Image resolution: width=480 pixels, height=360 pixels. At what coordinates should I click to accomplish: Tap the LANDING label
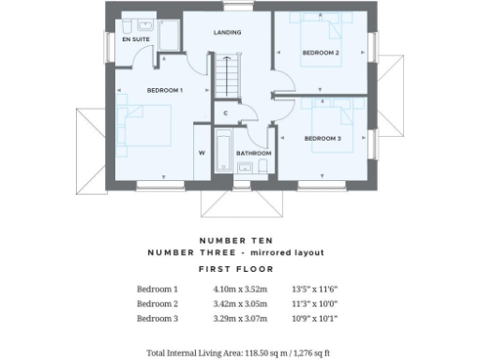[x=228, y=32]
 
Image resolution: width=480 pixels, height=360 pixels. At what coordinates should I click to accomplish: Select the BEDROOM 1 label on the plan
[x=165, y=89]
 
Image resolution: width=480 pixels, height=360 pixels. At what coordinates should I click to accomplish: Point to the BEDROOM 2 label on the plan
[x=321, y=52]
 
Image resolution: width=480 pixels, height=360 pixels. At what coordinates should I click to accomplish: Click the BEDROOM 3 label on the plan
[x=322, y=138]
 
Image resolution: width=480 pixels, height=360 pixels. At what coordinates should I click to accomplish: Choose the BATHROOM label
[x=253, y=153]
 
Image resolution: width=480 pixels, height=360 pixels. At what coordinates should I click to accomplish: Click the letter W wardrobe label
[x=201, y=152]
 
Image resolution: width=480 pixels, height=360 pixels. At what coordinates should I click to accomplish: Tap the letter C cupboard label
[x=226, y=113]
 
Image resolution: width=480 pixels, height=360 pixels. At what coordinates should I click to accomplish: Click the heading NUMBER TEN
[x=239, y=239]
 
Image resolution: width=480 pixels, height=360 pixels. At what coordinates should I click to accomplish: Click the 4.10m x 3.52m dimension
[x=240, y=290]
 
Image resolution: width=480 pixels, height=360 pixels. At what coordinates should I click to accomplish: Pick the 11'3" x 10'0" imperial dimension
[x=315, y=304]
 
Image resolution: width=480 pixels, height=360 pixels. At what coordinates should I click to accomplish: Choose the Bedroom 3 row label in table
[x=157, y=319]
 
